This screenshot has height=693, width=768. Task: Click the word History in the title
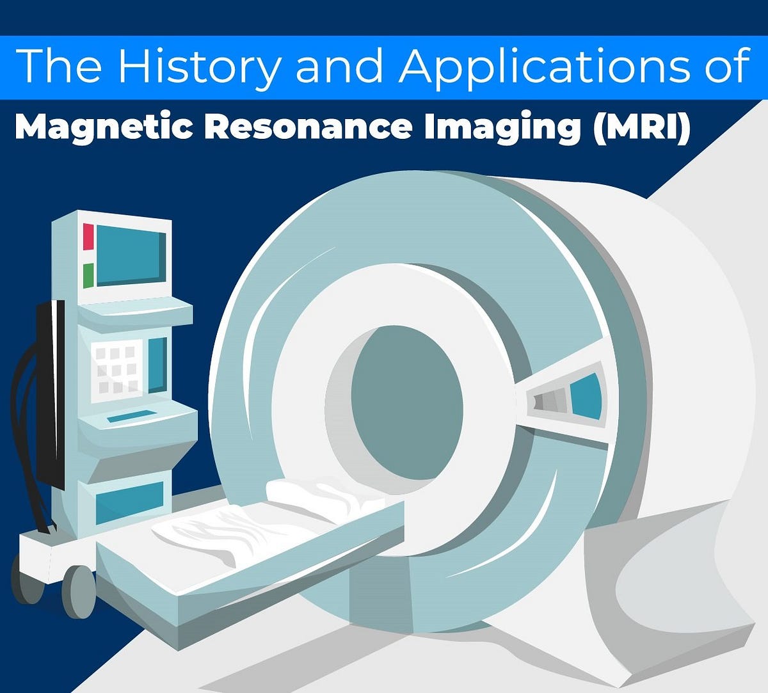pos(198,67)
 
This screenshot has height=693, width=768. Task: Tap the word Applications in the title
pos(543,67)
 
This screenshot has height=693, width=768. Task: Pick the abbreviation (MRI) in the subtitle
pos(641,127)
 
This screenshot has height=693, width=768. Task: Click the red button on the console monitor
pos(88,237)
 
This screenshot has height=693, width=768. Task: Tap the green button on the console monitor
pos(88,275)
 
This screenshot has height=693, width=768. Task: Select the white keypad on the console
pos(116,370)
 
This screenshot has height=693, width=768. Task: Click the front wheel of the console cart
pos(79,591)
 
